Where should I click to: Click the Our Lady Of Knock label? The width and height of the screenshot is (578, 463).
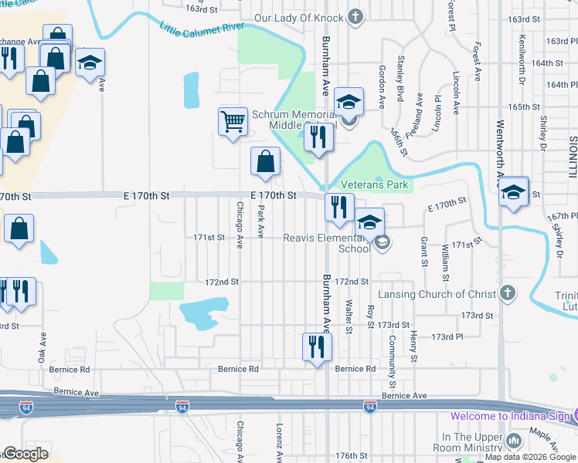(298, 17)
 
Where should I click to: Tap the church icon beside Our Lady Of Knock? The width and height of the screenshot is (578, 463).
(355, 17)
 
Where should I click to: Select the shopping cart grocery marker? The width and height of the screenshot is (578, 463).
(233, 121)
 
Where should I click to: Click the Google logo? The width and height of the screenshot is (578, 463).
(25, 454)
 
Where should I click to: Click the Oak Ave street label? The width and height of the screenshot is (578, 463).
(42, 347)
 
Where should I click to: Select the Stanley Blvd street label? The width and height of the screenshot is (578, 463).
(400, 77)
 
